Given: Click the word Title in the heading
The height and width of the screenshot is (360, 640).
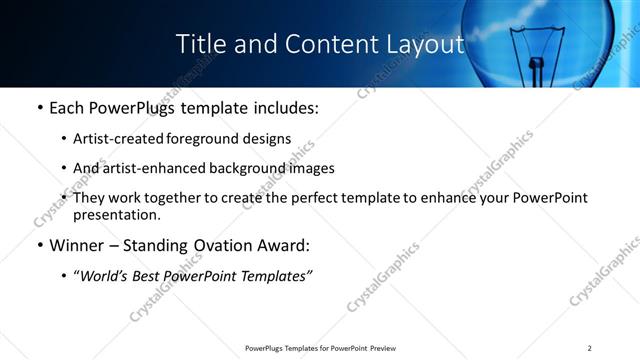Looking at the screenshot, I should click(200, 45).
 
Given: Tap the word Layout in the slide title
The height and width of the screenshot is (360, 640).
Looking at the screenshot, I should click(424, 45).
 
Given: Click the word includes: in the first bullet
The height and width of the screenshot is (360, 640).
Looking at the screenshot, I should click(282, 107).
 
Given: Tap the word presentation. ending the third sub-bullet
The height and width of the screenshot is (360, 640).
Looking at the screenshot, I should click(116, 214).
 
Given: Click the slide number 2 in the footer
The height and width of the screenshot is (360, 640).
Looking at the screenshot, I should click(590, 348).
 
